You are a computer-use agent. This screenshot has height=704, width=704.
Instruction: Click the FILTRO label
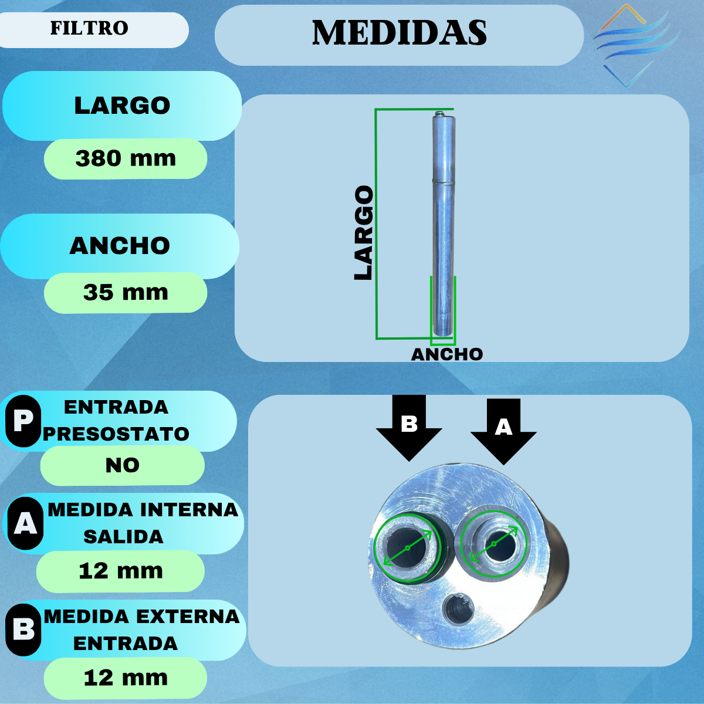click(89, 28)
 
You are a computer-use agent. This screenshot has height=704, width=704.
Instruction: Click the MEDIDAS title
click(399, 33)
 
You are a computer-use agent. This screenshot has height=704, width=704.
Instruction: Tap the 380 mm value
click(126, 158)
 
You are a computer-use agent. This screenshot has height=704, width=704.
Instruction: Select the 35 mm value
click(126, 292)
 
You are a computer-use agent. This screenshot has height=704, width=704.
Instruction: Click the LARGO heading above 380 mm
click(122, 106)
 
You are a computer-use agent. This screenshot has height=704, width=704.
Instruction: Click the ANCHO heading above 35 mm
click(120, 246)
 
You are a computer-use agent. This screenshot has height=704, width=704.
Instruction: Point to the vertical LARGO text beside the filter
click(364, 233)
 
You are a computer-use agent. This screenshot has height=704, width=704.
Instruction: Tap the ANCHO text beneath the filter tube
click(447, 354)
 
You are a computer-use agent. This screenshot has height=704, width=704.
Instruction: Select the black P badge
click(23, 421)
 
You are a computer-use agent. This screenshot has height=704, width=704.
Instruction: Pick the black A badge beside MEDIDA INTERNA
click(25, 523)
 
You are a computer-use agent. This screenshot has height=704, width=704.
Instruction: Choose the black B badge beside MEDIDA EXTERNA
click(23, 629)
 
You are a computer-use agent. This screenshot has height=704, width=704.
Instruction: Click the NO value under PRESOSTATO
click(122, 465)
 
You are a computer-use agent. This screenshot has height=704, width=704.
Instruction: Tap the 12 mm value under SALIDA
click(121, 571)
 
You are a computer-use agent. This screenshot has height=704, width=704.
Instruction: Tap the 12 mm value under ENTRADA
click(126, 678)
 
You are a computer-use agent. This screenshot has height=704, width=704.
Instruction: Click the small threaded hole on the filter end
click(458, 611)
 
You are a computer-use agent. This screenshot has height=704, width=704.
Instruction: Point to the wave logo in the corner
click(634, 44)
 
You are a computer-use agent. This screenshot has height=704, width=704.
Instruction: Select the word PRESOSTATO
click(116, 434)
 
